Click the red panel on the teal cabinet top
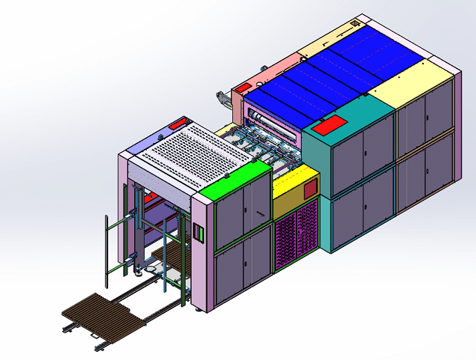click(x=328, y=125)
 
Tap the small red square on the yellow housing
click(x=310, y=190)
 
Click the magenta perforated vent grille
click(x=295, y=235)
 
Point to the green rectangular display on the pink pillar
click(x=198, y=231)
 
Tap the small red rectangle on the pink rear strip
click(x=243, y=87)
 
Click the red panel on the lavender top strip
click(x=178, y=124)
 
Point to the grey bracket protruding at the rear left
click(x=221, y=101)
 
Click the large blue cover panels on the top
click(x=334, y=73)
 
